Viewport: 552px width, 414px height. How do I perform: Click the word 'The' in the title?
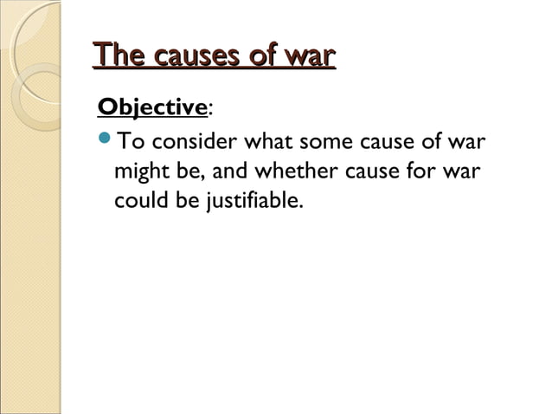117,56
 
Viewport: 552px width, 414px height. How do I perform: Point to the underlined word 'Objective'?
153,109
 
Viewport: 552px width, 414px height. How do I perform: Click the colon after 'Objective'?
210,109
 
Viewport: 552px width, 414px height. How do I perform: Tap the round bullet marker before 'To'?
106,140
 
